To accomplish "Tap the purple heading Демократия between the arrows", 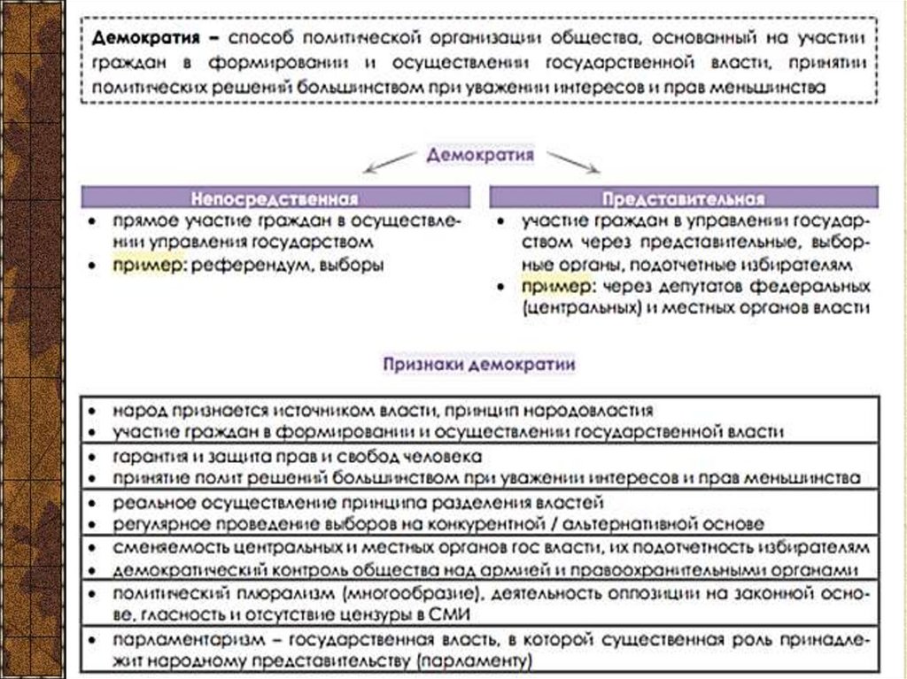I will coord(480,155).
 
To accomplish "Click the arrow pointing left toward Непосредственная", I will coord(391,164).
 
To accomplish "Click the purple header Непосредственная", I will coord(276,197).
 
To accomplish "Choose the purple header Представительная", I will coord(683,197).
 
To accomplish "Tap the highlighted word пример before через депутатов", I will coord(554,287).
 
